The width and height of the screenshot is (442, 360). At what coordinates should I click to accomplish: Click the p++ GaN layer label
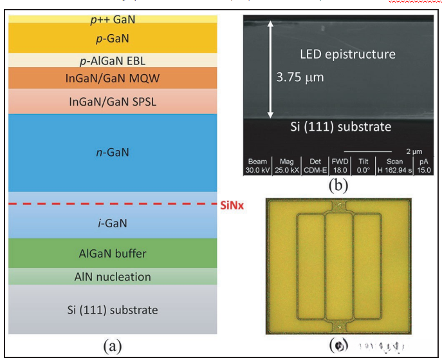(113, 19)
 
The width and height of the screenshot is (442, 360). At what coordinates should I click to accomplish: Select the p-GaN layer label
(113, 39)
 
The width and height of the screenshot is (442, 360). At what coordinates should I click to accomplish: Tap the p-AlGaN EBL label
(113, 61)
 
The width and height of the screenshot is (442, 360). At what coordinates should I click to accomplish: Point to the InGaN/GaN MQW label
(113, 79)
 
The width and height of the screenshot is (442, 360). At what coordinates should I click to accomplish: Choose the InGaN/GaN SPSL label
(113, 102)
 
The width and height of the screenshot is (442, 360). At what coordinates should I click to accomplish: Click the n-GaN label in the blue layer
(113, 153)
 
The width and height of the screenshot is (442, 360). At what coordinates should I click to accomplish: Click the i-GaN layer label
(113, 224)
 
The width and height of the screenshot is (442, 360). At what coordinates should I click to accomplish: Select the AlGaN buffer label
(113, 253)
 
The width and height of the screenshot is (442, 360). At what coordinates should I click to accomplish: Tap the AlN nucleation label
(113, 277)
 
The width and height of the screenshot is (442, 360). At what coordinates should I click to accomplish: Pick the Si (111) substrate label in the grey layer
(113, 310)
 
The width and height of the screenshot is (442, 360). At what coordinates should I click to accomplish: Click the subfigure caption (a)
(113, 346)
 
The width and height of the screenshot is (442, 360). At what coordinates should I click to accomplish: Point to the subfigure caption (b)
(338, 186)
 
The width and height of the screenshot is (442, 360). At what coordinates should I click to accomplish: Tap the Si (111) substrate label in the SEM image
(339, 127)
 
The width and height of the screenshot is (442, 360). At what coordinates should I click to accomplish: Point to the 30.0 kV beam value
(257, 171)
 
